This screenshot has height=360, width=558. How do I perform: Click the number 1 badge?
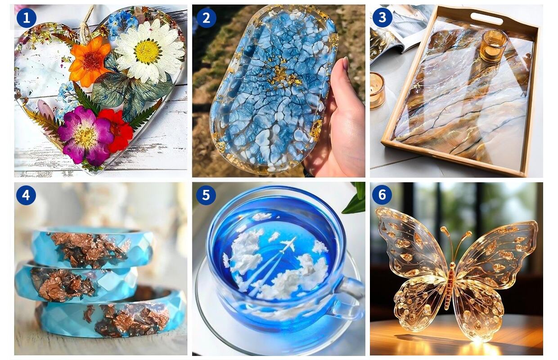27,18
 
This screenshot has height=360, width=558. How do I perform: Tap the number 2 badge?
206,18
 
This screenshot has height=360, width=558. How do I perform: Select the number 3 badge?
382,18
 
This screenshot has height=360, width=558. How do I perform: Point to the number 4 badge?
26,195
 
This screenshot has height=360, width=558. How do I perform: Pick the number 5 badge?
206,195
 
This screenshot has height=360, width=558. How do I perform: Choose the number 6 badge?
382,195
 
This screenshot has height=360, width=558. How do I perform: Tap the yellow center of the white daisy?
148,51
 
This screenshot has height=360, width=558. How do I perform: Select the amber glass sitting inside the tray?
493,45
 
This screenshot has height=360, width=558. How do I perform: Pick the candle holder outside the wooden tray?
377,90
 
